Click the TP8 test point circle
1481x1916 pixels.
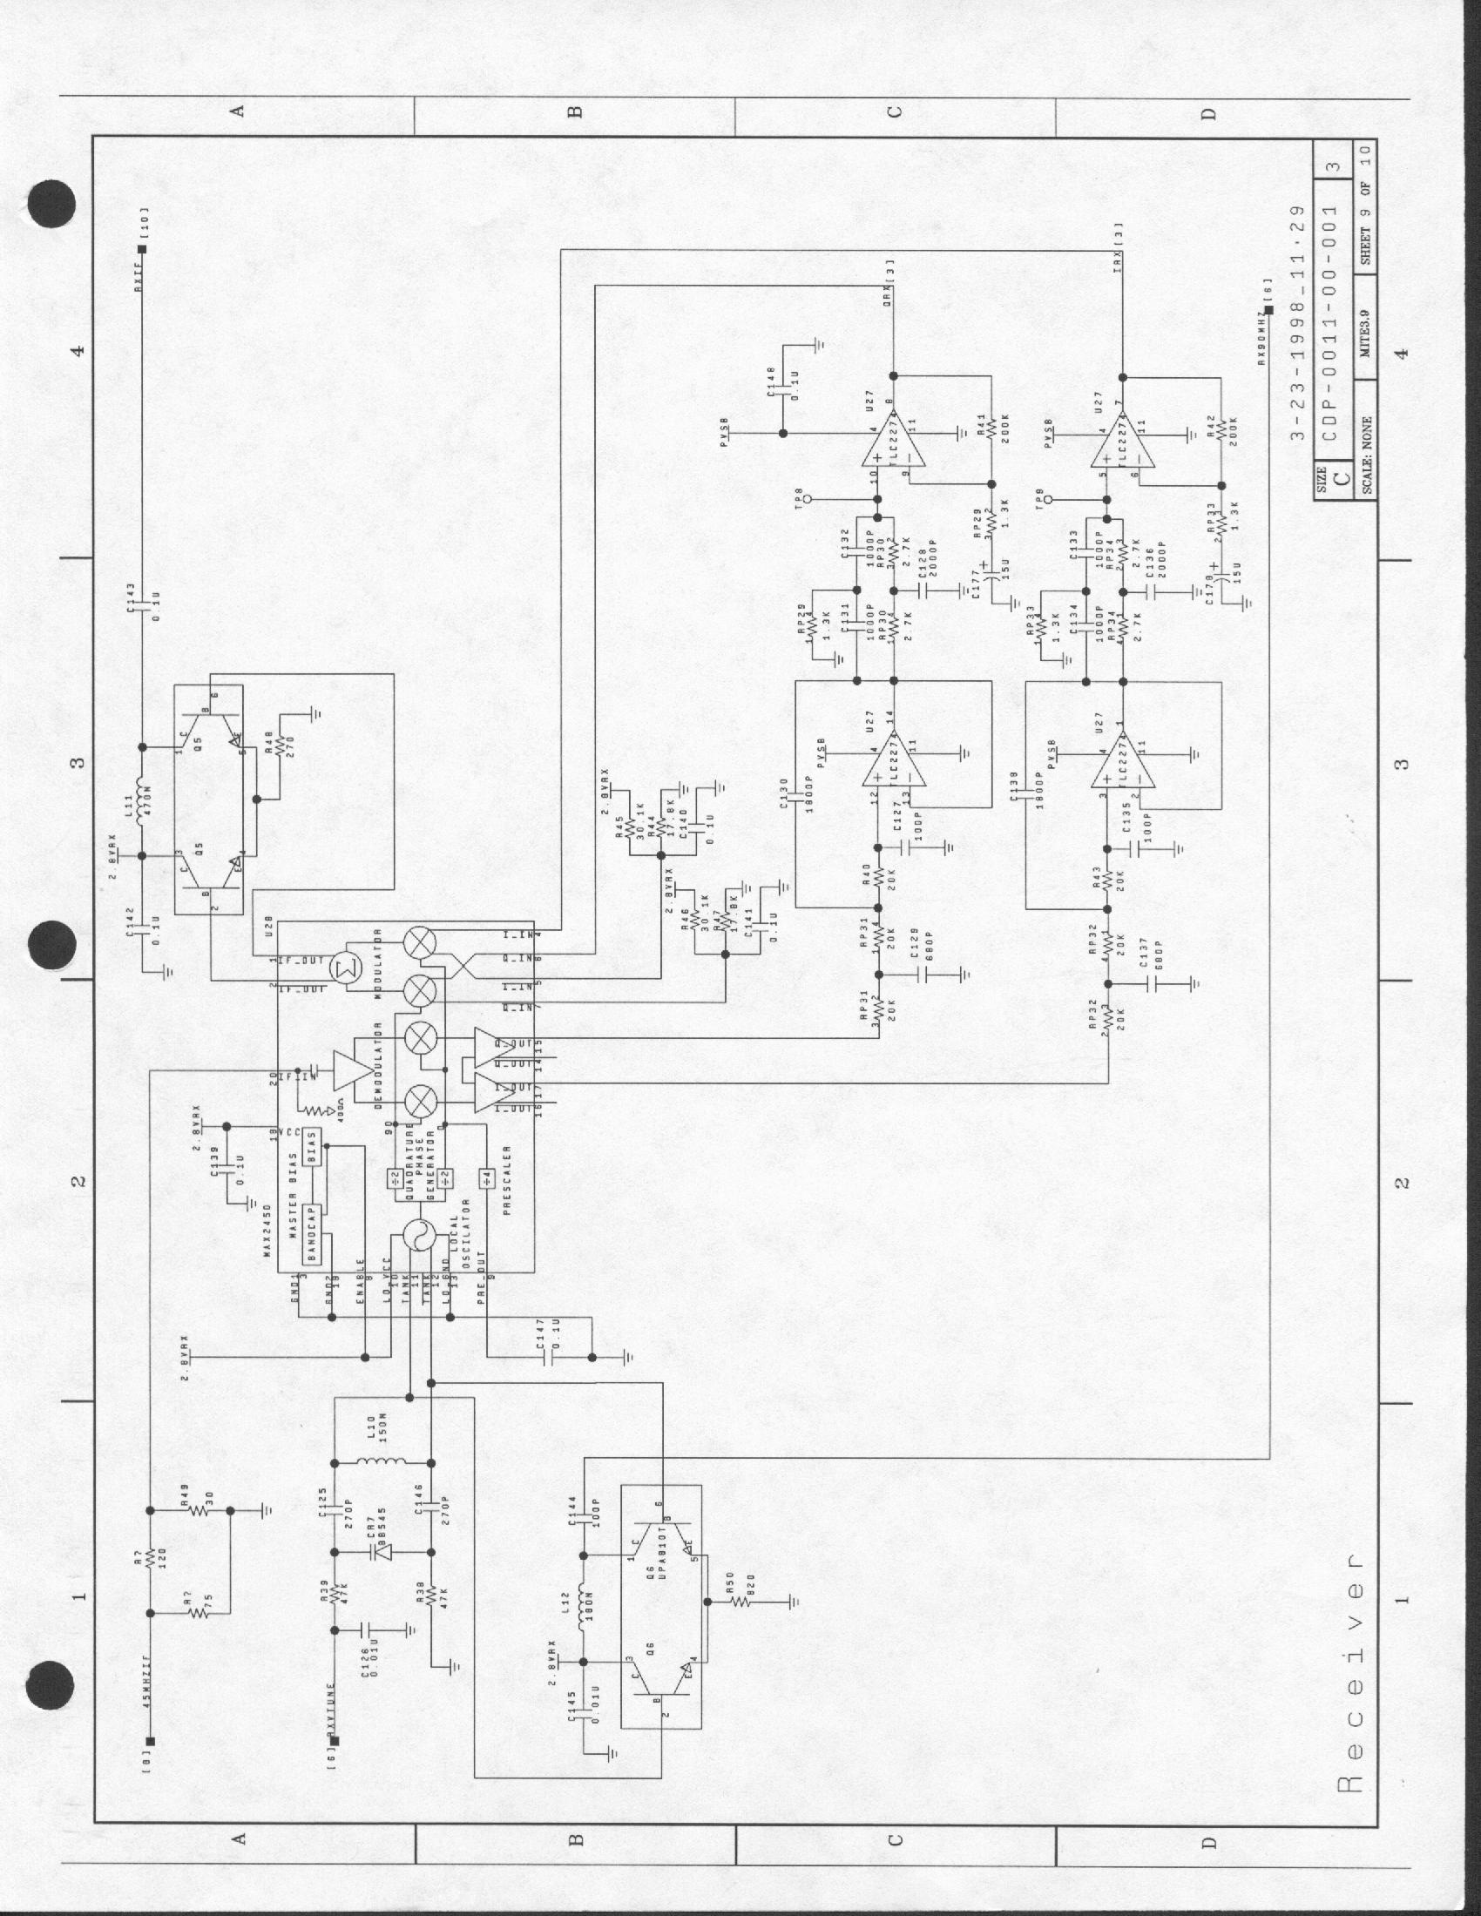(808, 499)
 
